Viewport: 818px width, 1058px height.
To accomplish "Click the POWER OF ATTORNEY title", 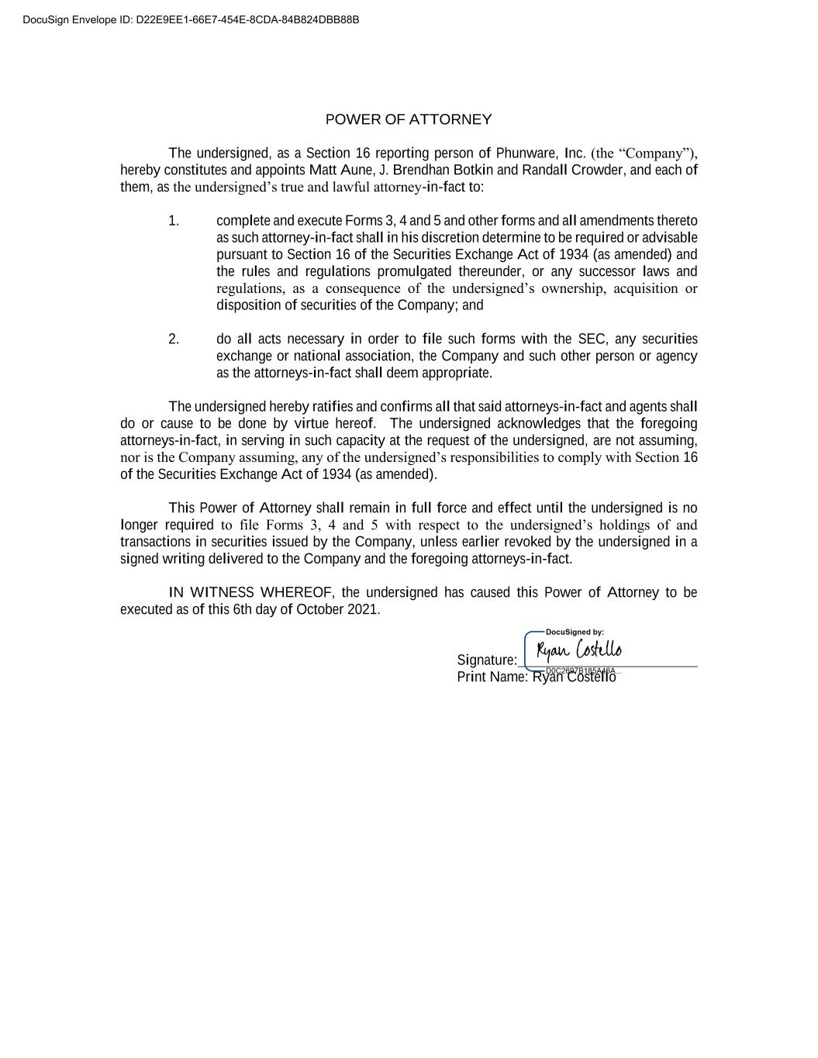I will pos(408,119).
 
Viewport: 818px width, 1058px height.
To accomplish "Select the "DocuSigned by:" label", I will pos(575,632).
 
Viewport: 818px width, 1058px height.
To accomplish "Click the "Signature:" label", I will pos(487,660).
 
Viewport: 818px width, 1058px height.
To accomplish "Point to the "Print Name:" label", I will pos(492,677).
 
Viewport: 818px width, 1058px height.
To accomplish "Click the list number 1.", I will pos(174,221).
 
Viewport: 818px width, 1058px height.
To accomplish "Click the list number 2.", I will pos(174,339).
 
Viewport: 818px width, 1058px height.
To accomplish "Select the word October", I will pos(319,610).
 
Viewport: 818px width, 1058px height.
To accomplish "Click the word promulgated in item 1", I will pos(415,272).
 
